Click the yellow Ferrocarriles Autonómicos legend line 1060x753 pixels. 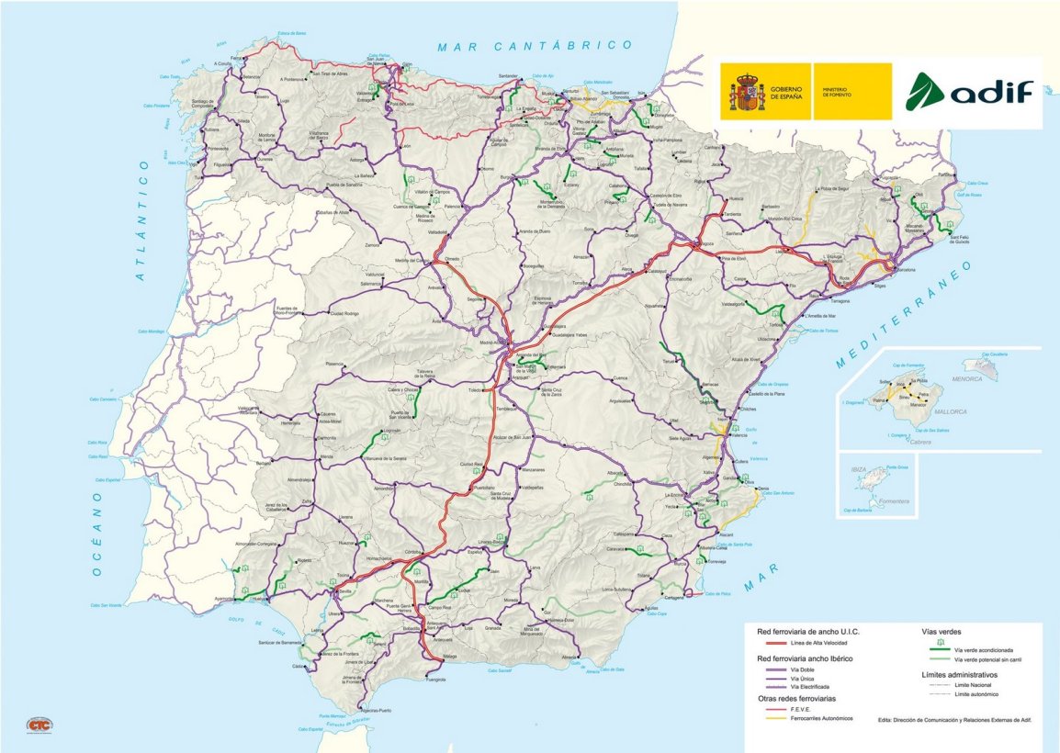(764, 718)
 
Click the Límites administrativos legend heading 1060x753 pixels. (959, 675)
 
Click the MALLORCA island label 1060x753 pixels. (950, 412)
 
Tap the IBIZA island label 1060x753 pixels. (859, 470)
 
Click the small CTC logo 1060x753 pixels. (38, 723)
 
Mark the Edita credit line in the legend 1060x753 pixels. (954, 720)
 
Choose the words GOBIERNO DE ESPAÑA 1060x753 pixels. (785, 92)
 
